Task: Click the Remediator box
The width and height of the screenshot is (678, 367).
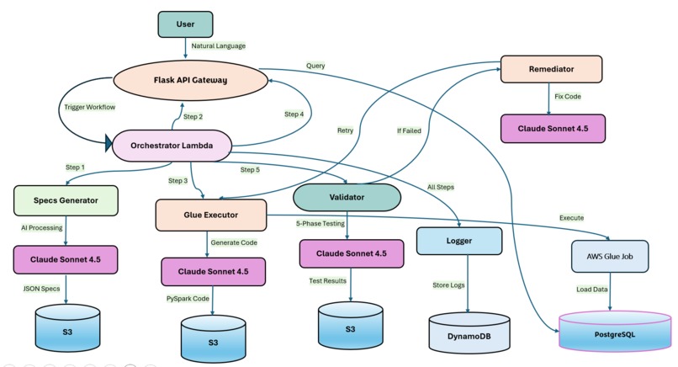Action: click(551, 68)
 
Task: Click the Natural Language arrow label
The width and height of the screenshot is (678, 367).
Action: click(219, 46)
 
